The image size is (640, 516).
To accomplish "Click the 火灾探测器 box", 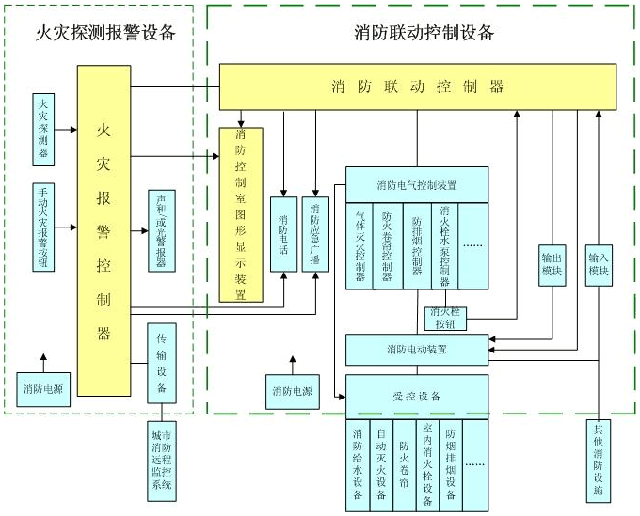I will [42, 129].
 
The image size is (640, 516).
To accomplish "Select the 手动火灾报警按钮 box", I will [42, 227].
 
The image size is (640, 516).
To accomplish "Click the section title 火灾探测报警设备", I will [104, 34].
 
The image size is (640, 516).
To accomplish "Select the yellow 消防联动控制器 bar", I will [418, 86].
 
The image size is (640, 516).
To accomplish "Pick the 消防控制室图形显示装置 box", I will [241, 214].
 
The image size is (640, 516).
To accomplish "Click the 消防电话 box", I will [283, 234].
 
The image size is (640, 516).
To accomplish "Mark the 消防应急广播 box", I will [314, 234].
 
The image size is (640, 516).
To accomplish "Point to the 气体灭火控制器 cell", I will [360, 245].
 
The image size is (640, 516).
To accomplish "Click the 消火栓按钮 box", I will [445, 318].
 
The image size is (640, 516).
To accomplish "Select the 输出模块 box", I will [552, 266].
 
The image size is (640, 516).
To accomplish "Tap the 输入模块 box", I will [600, 266].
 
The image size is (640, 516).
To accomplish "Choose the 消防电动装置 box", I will [417, 349].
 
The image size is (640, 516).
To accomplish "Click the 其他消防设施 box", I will [600, 464].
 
